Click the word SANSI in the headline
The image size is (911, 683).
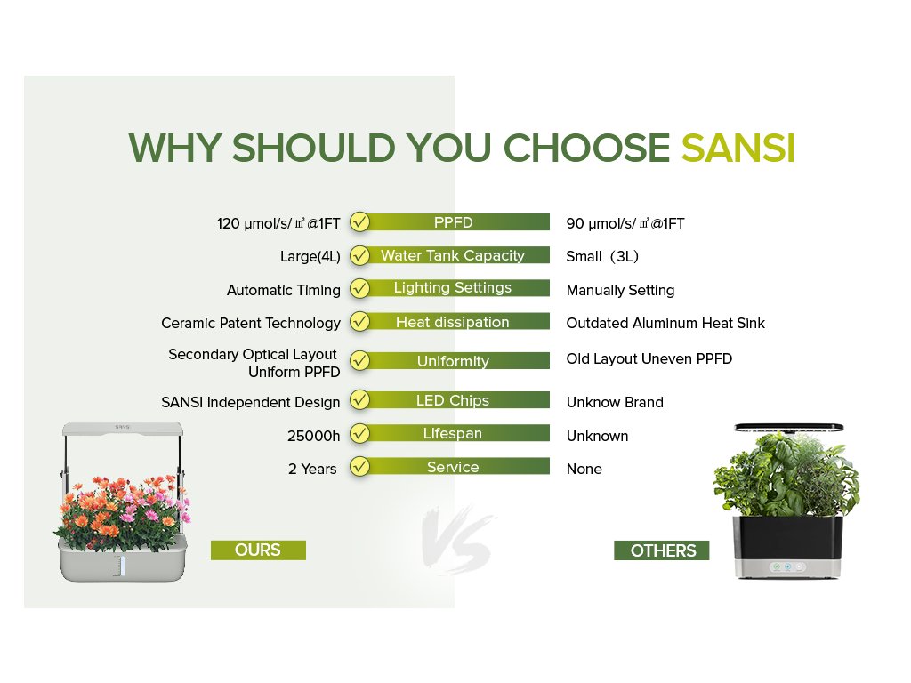(x=738, y=148)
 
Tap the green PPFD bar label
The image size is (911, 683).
(x=453, y=222)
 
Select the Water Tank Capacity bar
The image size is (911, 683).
(x=453, y=255)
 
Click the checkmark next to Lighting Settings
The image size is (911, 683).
(x=360, y=289)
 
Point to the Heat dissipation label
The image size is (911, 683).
(x=453, y=322)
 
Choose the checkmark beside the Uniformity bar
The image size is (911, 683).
(x=360, y=361)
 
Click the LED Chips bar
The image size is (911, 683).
(x=453, y=400)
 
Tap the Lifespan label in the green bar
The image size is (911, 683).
(x=453, y=433)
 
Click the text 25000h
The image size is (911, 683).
(x=314, y=436)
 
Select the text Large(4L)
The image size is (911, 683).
(x=310, y=257)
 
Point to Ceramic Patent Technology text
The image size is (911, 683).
(x=251, y=324)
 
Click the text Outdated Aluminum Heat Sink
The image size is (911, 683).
(x=665, y=324)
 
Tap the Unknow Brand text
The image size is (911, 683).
(x=615, y=403)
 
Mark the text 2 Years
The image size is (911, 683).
(x=312, y=470)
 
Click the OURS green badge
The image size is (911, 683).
(x=258, y=550)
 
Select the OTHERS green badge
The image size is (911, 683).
(x=662, y=550)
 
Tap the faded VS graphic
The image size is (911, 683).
(x=458, y=540)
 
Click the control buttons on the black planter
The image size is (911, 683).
(x=787, y=566)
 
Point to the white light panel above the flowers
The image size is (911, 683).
(x=123, y=429)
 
